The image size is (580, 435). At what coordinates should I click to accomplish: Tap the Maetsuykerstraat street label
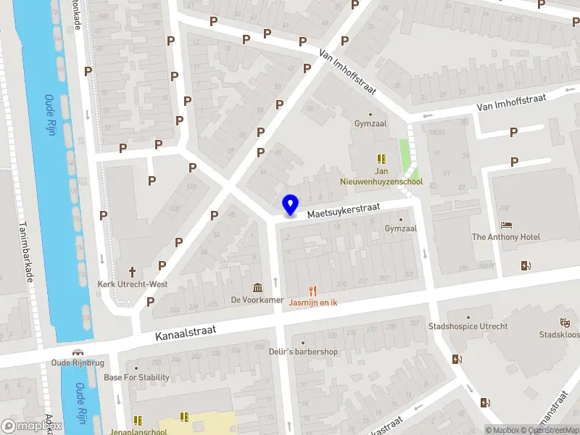[344, 211]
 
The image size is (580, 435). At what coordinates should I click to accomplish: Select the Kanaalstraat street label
[186, 333]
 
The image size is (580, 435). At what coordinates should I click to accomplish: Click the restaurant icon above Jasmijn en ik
[314, 289]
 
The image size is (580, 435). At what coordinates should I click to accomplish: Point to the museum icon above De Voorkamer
[257, 288]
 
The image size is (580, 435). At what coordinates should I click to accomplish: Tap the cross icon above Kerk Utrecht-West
[133, 272]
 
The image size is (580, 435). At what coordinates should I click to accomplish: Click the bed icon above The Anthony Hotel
[506, 225]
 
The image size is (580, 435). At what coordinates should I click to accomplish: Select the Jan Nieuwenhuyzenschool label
[382, 177]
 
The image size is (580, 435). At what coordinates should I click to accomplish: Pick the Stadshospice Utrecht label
[468, 326]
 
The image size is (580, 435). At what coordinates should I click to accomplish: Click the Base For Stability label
[136, 377]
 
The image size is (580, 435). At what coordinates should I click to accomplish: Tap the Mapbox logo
[31, 426]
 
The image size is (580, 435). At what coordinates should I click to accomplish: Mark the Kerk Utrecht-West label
[133, 284]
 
